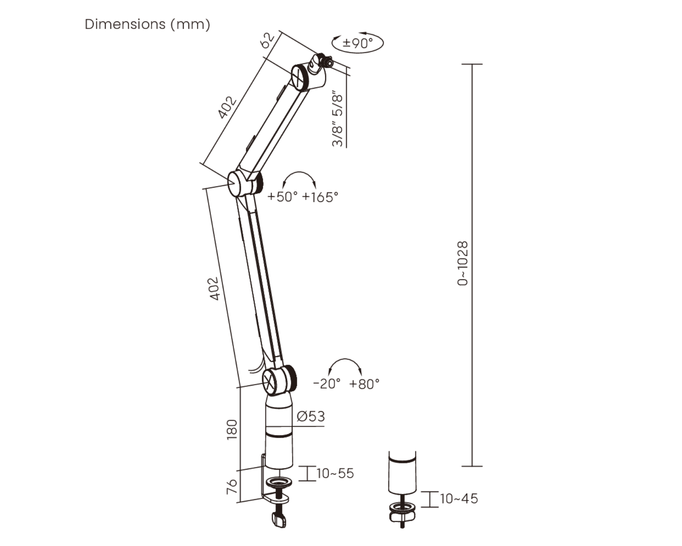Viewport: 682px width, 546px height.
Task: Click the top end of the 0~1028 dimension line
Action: click(x=472, y=64)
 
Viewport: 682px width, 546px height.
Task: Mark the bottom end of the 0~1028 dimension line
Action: click(x=472, y=466)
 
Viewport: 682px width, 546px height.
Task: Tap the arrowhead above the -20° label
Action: click(x=330, y=372)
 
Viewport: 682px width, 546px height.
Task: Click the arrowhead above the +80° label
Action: click(x=360, y=372)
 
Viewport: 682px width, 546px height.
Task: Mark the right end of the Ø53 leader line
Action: click(x=324, y=427)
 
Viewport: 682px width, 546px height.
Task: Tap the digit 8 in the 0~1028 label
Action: click(x=463, y=245)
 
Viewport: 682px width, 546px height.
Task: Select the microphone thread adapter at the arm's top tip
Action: click(x=321, y=63)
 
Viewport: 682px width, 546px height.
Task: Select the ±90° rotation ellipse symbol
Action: click(x=358, y=43)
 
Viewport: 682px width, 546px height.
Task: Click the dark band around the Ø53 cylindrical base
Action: click(x=279, y=434)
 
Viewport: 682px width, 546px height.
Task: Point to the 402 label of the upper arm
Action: click(x=227, y=107)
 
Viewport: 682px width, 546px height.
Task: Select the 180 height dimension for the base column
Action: click(x=232, y=430)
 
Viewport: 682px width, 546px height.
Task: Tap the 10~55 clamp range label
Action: click(x=335, y=473)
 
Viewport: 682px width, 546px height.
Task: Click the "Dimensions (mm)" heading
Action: click(x=147, y=24)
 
